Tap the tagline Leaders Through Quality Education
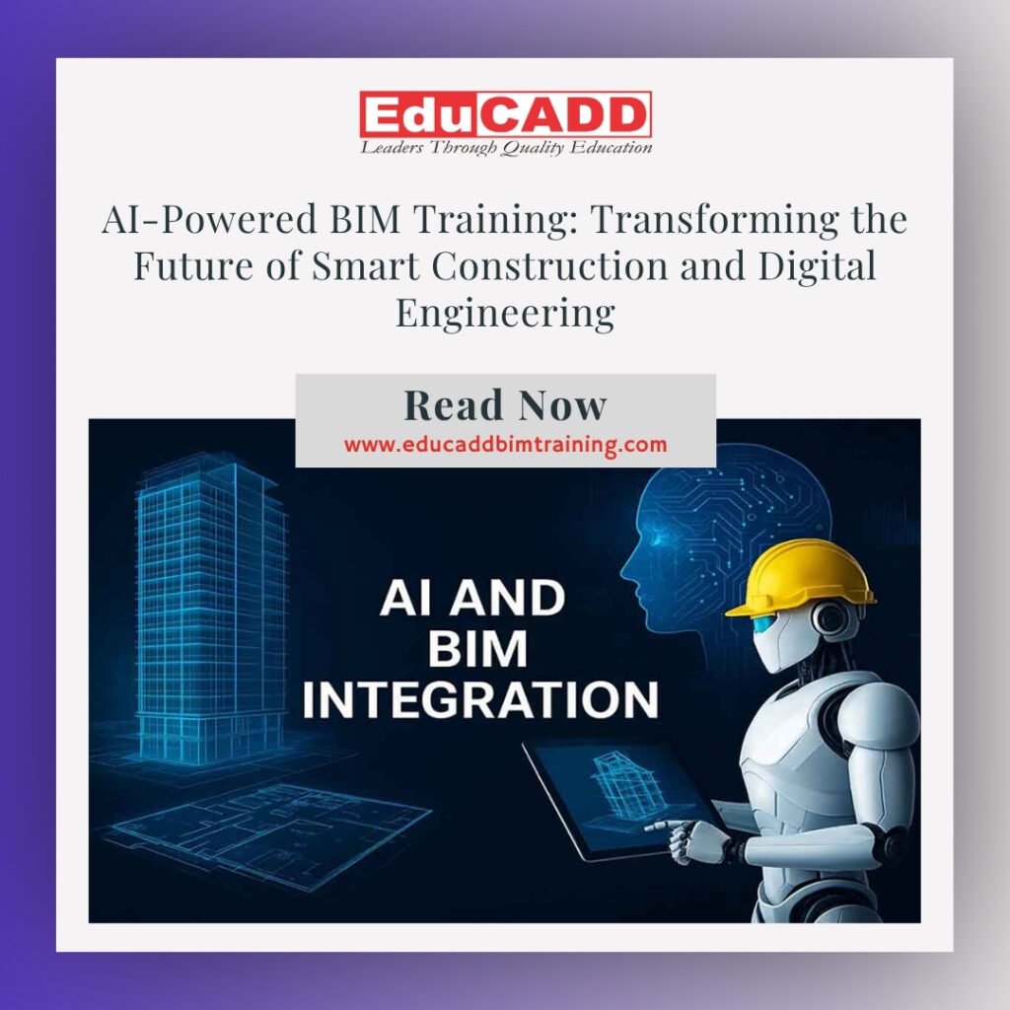[506, 148]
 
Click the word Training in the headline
[498, 220]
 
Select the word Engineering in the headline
[505, 314]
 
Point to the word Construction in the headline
[549, 265]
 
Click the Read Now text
[505, 405]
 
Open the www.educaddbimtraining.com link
[505, 445]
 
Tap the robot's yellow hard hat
[800, 576]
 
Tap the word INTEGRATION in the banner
[480, 699]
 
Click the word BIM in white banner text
[477, 649]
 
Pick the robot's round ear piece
[830, 619]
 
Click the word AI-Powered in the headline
[209, 219]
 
